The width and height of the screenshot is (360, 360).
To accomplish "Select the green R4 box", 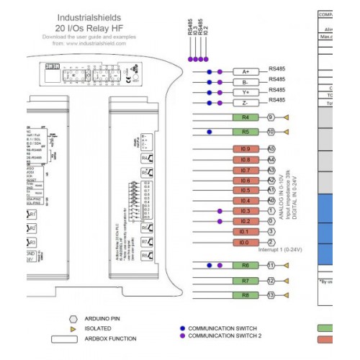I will (x=245, y=117).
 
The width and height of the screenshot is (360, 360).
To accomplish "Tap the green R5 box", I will (x=245, y=132).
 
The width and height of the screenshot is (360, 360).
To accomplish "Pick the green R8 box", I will (x=245, y=295).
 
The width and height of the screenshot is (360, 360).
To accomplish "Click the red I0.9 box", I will (x=245, y=149).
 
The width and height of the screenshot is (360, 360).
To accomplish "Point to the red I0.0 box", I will (x=245, y=243).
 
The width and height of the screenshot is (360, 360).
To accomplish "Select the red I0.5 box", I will (x=245, y=190).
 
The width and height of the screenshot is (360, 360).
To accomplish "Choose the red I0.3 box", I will (x=245, y=211).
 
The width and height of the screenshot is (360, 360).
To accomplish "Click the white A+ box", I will (x=245, y=71).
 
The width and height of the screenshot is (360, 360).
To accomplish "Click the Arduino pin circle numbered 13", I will (x=271, y=295).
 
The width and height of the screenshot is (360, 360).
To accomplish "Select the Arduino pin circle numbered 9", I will (x=271, y=117).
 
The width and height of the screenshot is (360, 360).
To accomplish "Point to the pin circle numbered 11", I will (x=271, y=265).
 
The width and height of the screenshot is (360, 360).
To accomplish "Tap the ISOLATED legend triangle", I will (x=72, y=328).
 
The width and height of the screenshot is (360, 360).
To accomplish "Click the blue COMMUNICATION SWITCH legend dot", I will (x=183, y=328).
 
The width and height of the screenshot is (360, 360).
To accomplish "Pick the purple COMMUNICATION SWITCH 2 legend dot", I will (x=183, y=336).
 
